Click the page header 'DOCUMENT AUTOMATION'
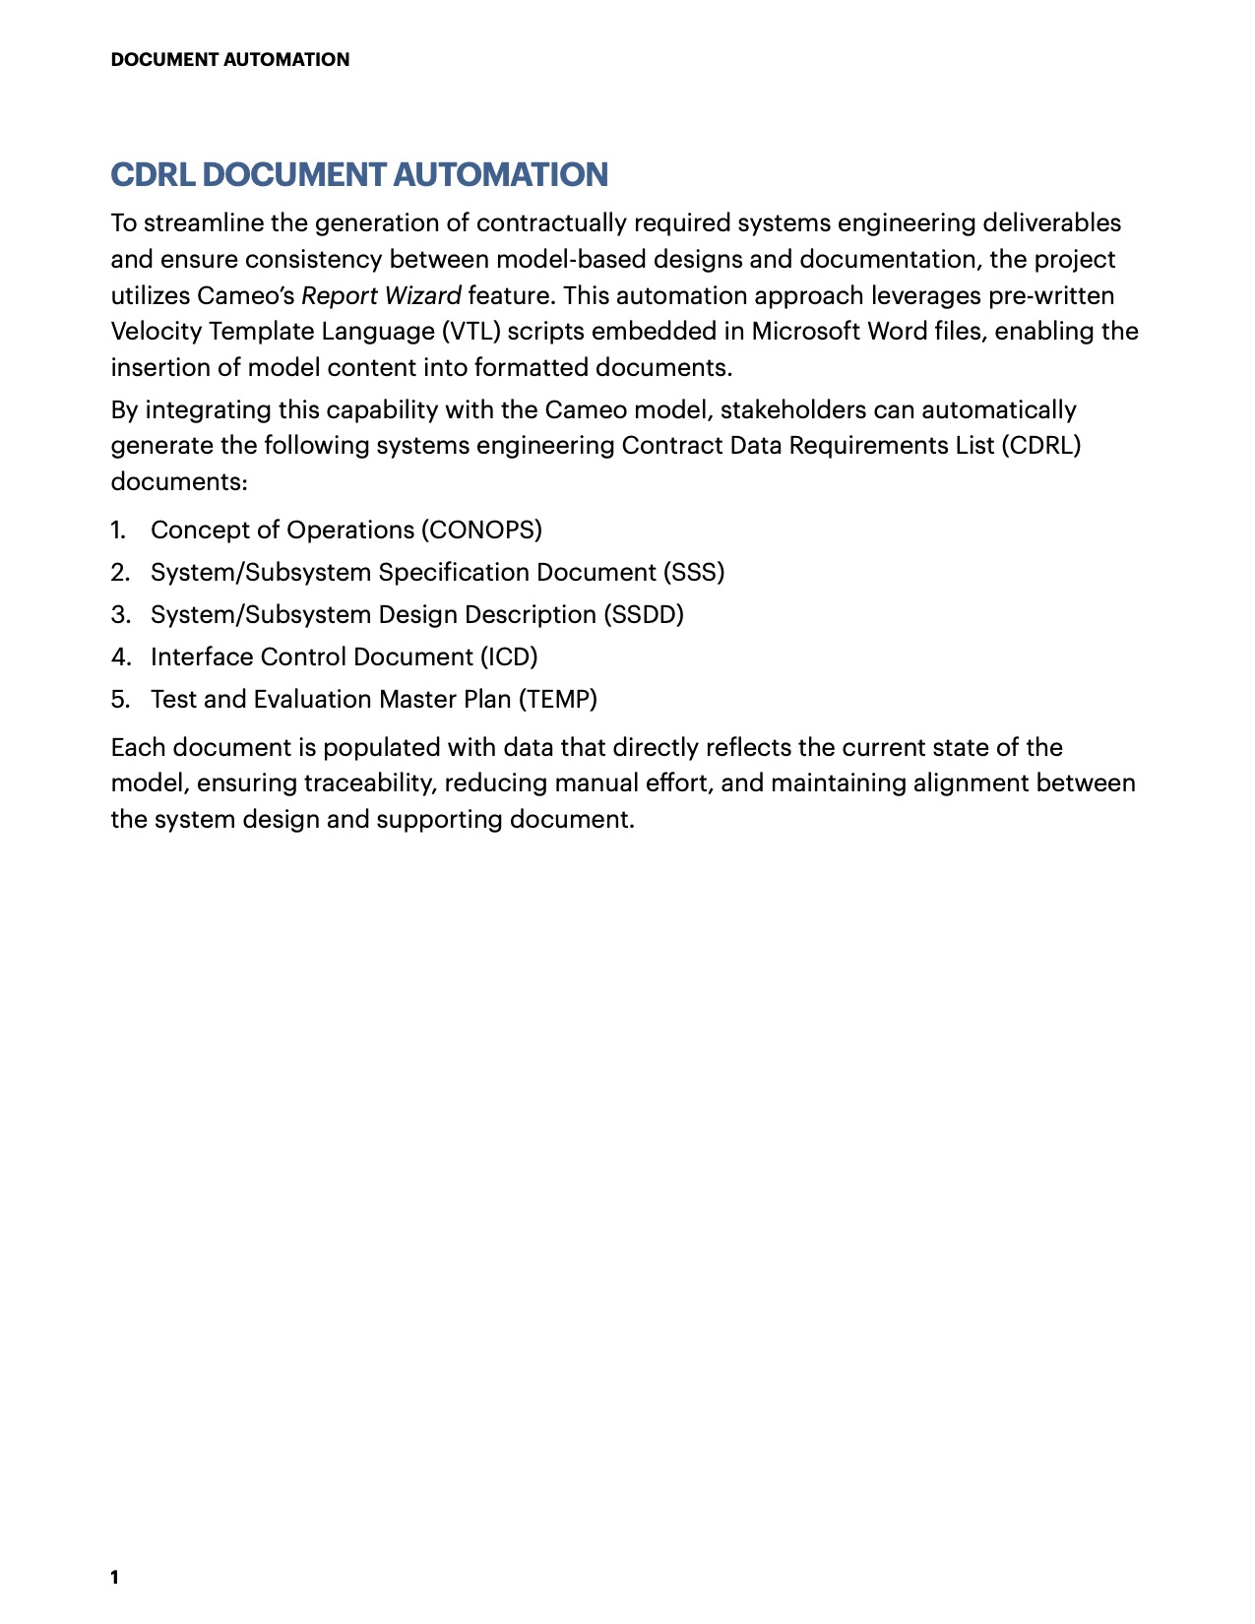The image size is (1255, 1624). pos(229,60)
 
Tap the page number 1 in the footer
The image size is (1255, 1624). pos(115,1578)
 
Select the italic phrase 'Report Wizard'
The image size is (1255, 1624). pos(381,296)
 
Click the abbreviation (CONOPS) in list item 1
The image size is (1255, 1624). pos(481,531)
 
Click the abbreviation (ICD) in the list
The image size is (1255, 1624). pos(509,657)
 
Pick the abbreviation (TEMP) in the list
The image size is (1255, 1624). pos(557,700)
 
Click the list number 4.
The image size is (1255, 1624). pos(120,657)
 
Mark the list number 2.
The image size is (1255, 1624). pos(120,573)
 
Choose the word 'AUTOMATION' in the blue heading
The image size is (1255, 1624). pos(500,175)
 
